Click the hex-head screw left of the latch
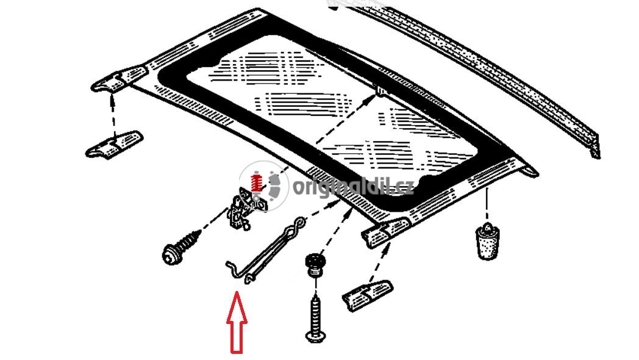[x=181, y=247]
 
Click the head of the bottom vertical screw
[x=315, y=337]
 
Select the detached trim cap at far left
[x=114, y=145]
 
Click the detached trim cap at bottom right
[x=367, y=295]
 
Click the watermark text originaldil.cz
[x=353, y=187]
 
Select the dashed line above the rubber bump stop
[x=487, y=205]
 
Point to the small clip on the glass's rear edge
[x=380, y=90]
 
